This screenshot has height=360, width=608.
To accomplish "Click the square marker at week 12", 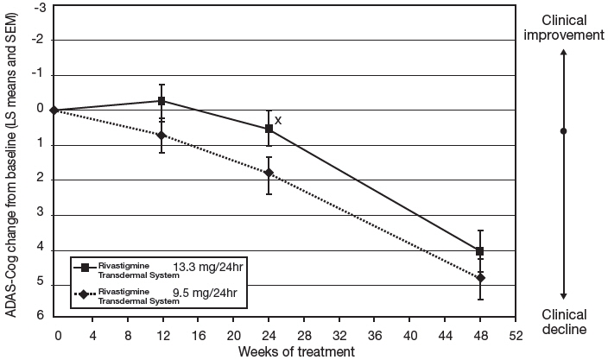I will click(161, 101).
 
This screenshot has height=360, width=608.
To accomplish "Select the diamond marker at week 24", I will click(269, 173).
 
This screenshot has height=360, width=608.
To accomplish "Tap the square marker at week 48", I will click(480, 251).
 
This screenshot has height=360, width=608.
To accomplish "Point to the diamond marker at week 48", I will click(480, 278).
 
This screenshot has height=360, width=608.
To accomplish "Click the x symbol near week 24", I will click(278, 120).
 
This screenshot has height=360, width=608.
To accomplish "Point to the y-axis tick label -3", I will click(38, 5).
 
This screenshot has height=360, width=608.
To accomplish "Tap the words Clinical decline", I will click(564, 321).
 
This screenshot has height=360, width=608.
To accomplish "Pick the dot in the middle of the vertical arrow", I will click(564, 131).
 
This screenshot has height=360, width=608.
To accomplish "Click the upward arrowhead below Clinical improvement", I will click(564, 54).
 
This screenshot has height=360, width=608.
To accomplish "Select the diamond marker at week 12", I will click(161, 136).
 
